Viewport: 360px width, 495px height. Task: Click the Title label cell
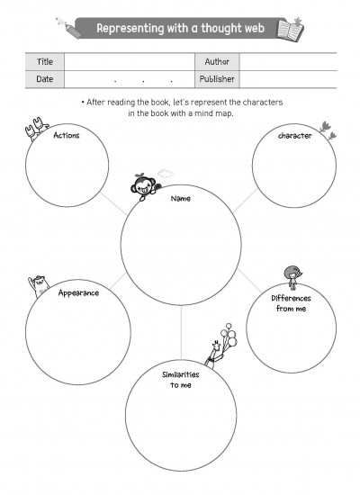(45, 62)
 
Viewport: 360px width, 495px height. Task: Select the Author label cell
(217, 62)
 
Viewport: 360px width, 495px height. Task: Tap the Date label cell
(45, 79)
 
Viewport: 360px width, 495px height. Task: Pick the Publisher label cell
(217, 79)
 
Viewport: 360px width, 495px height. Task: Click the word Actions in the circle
(67, 135)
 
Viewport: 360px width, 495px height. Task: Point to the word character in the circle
(294, 136)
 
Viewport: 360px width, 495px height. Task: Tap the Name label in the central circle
(181, 199)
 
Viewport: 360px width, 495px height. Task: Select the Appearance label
(78, 293)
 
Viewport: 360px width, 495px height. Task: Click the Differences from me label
(291, 303)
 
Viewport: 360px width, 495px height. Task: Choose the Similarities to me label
(181, 380)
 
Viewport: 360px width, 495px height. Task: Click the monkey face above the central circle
(144, 186)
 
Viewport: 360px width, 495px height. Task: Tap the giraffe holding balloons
(215, 355)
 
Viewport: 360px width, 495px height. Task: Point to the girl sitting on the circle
(293, 277)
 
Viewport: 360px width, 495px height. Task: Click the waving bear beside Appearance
(39, 285)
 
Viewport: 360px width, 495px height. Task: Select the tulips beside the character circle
(328, 130)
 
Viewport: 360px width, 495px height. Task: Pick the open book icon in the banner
(290, 29)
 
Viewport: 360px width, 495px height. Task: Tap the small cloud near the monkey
(166, 173)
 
